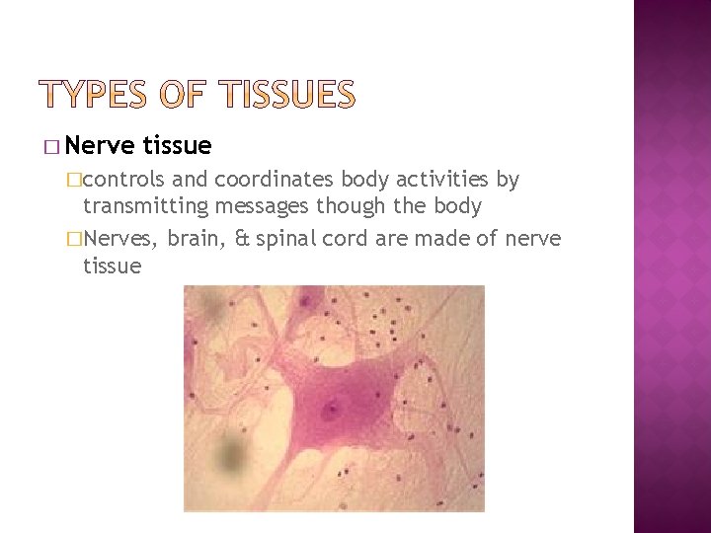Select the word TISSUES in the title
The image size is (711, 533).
(x=288, y=95)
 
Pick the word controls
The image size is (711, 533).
(x=137, y=180)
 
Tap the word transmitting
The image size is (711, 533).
(x=144, y=207)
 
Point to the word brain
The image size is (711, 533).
(x=197, y=239)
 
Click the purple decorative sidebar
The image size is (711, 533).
(x=671, y=266)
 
